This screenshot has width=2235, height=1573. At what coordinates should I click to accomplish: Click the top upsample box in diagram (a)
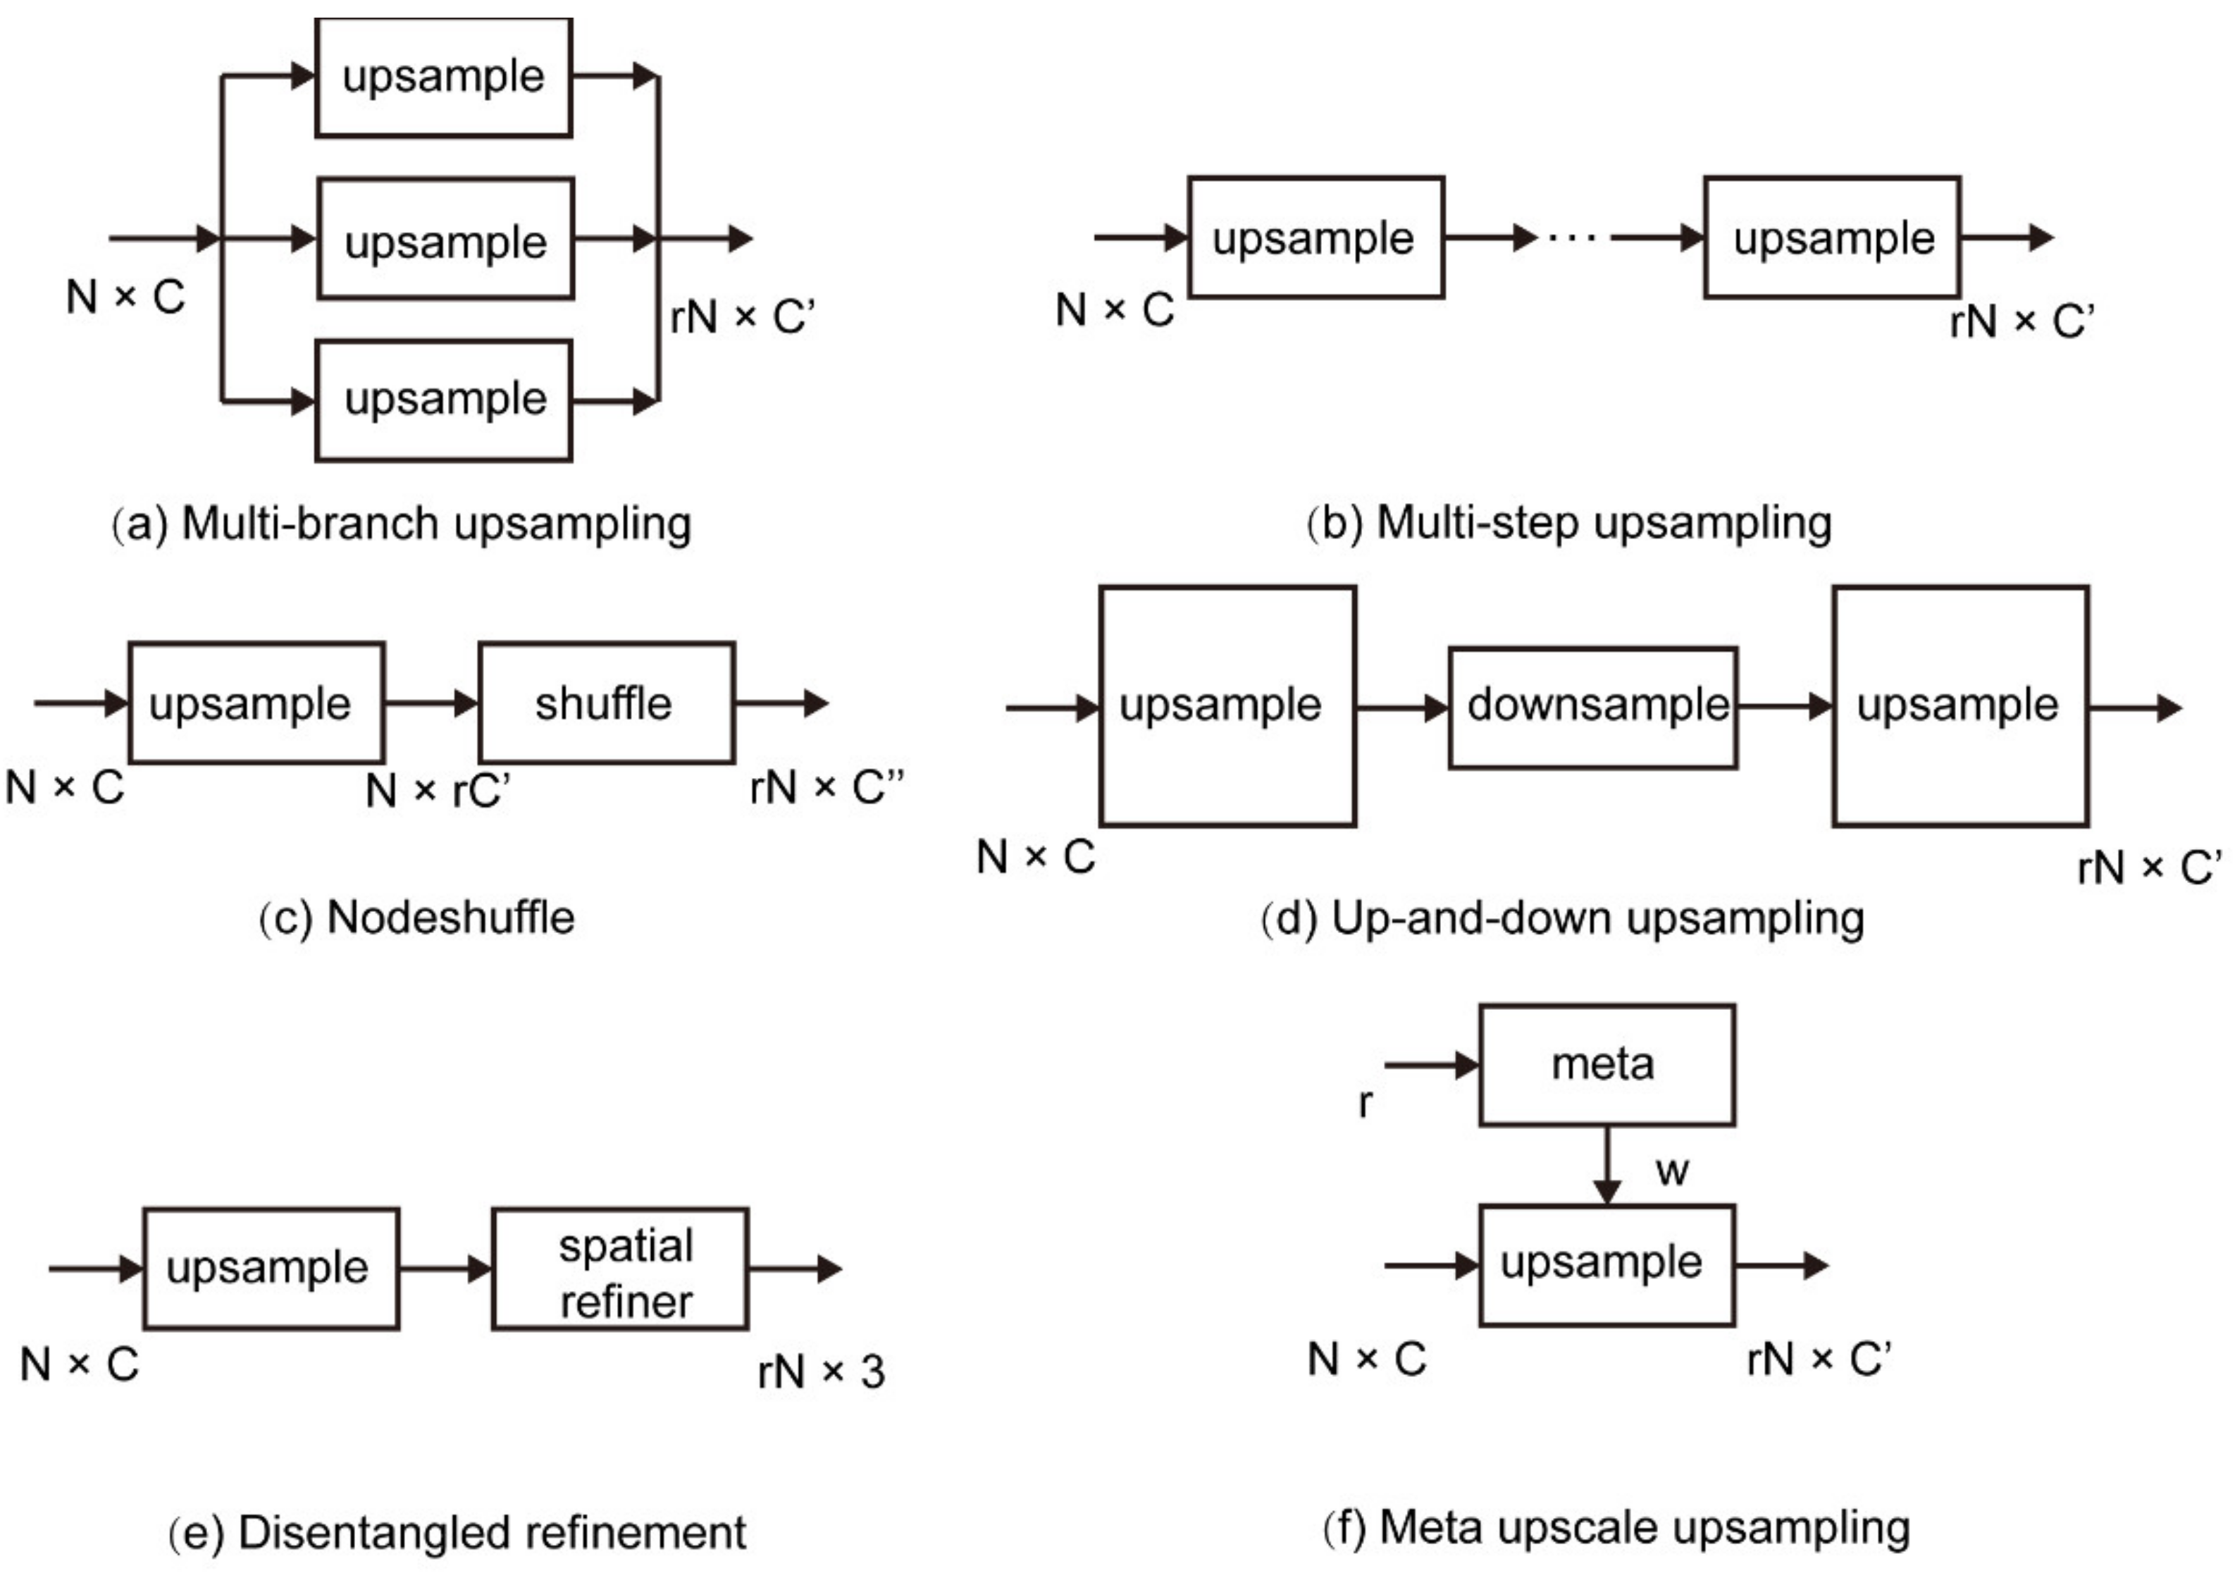[x=443, y=77]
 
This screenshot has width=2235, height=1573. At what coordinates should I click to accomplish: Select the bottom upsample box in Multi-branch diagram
[x=443, y=400]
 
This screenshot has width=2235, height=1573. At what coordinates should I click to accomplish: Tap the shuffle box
[x=605, y=703]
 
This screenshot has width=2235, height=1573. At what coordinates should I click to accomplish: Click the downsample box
[x=1592, y=708]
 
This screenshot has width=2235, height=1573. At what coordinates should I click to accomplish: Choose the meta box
[x=1606, y=1065]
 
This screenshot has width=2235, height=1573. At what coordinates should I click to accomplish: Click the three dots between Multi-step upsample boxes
[x=1571, y=238]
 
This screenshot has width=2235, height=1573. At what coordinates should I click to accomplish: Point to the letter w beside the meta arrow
[x=1671, y=1171]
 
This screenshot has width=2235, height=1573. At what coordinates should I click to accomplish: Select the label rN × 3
[x=821, y=1371]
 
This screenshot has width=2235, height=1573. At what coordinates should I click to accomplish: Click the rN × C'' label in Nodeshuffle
[x=826, y=787]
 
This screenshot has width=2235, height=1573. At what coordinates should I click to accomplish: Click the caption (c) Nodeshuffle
[x=416, y=918]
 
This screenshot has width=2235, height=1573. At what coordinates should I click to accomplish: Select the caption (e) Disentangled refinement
[x=457, y=1532]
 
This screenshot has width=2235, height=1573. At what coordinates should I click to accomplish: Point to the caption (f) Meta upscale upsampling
[x=1616, y=1527]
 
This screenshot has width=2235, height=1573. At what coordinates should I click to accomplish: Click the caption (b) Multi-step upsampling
[x=1568, y=523]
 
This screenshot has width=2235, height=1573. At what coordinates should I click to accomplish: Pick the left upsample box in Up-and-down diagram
[x=1227, y=707]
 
